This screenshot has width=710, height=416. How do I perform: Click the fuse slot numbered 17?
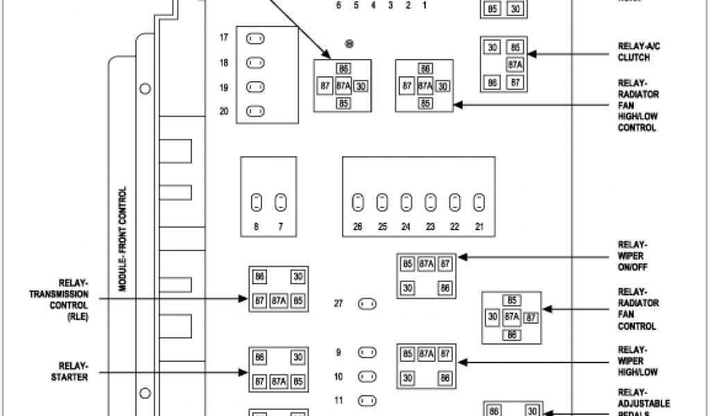pyautogui.click(x=256, y=39)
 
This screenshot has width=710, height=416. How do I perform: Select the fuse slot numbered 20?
pyautogui.click(x=256, y=110)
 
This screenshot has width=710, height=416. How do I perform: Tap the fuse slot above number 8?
pyautogui.click(x=256, y=202)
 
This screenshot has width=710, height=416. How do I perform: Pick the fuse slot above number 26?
pyautogui.click(x=357, y=202)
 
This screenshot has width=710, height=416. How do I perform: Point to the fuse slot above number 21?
pyautogui.click(x=478, y=202)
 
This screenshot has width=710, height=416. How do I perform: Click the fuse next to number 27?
pyautogui.click(x=367, y=304)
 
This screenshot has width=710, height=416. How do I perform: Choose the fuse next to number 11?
pyautogui.click(x=367, y=400)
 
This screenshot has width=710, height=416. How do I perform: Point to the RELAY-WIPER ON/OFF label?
pyautogui.click(x=632, y=256)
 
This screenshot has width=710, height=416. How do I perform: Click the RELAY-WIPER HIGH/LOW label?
pyautogui.click(x=632, y=361)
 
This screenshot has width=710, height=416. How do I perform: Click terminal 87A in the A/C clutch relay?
pyautogui.click(x=514, y=65)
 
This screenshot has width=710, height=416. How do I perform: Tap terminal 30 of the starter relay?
pyautogui.click(x=297, y=358)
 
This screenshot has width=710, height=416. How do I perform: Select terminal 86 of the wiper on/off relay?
pyautogui.click(x=445, y=287)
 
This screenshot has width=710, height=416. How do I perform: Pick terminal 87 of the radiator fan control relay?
pyautogui.click(x=531, y=317)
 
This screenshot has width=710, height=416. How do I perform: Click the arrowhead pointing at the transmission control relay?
pyautogui.click(x=245, y=300)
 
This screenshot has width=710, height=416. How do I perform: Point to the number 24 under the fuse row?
pyautogui.click(x=406, y=226)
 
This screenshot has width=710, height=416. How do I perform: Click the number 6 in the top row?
pyautogui.click(x=338, y=6)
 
